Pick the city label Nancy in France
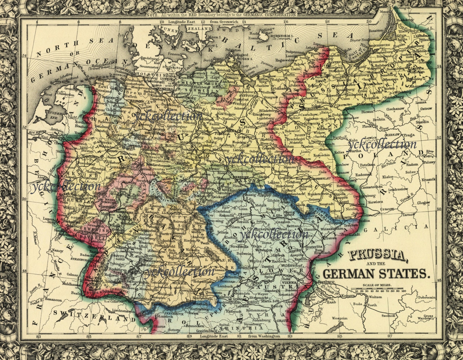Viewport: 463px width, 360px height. [x=57, y=250]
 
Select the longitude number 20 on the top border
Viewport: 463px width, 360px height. [x=369, y=21]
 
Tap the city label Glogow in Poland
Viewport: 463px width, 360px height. [x=423, y=203]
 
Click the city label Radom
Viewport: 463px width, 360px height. [x=411, y=164]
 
